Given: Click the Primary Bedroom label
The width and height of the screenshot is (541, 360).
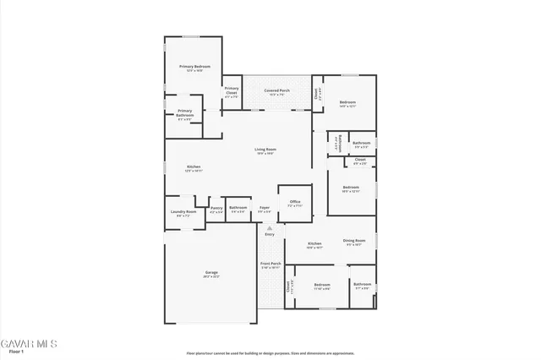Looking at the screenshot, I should tap(194, 66).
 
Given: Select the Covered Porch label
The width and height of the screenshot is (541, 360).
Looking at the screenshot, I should tap(276, 90).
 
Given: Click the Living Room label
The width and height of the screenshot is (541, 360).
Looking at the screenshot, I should tap(265, 150).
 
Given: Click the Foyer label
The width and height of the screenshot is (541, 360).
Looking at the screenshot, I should tap(265, 207).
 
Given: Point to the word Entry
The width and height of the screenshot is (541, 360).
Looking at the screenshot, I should tap(270, 234).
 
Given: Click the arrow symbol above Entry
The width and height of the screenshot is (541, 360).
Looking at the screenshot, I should tap(270, 227).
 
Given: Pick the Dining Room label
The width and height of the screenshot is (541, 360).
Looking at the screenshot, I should tap(353, 241).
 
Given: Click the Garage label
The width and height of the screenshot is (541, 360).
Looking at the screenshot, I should tap(211, 272).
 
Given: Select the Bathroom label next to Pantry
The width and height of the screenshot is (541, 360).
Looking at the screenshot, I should tap(238, 207).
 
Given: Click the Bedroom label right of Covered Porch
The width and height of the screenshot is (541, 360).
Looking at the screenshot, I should tap(347, 101).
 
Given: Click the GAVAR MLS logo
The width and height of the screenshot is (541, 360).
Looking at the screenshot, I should tap(28, 343).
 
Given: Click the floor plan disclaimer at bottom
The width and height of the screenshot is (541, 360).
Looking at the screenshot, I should tap(270, 353).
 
